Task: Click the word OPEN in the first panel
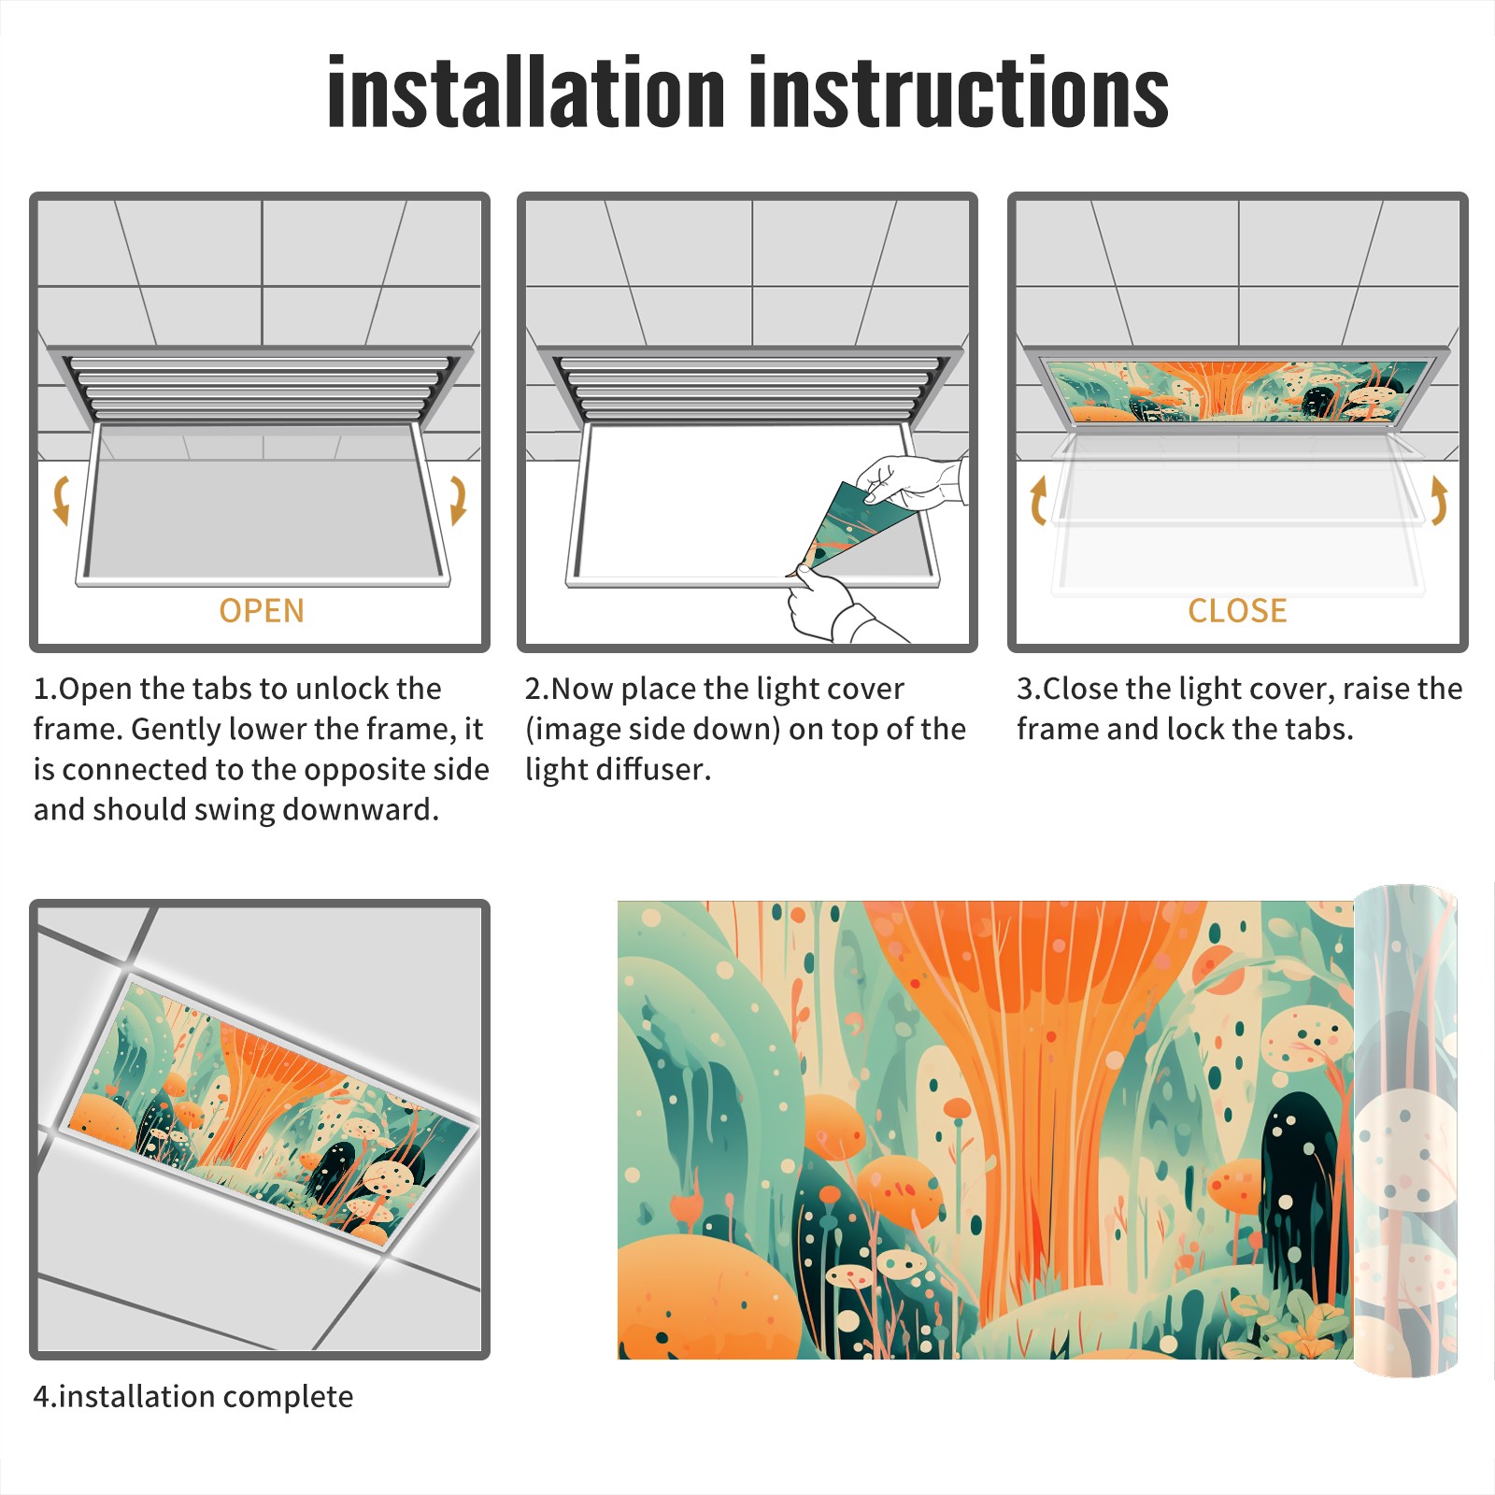click(262, 611)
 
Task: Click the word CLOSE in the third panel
click(1237, 611)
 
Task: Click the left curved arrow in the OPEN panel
click(61, 499)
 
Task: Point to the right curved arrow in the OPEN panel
click(459, 499)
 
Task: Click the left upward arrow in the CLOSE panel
click(1038, 501)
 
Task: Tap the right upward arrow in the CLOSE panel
click(1439, 499)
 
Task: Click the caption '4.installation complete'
click(193, 1397)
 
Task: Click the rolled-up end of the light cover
click(1405, 1131)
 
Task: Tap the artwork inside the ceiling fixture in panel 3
click(1238, 391)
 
